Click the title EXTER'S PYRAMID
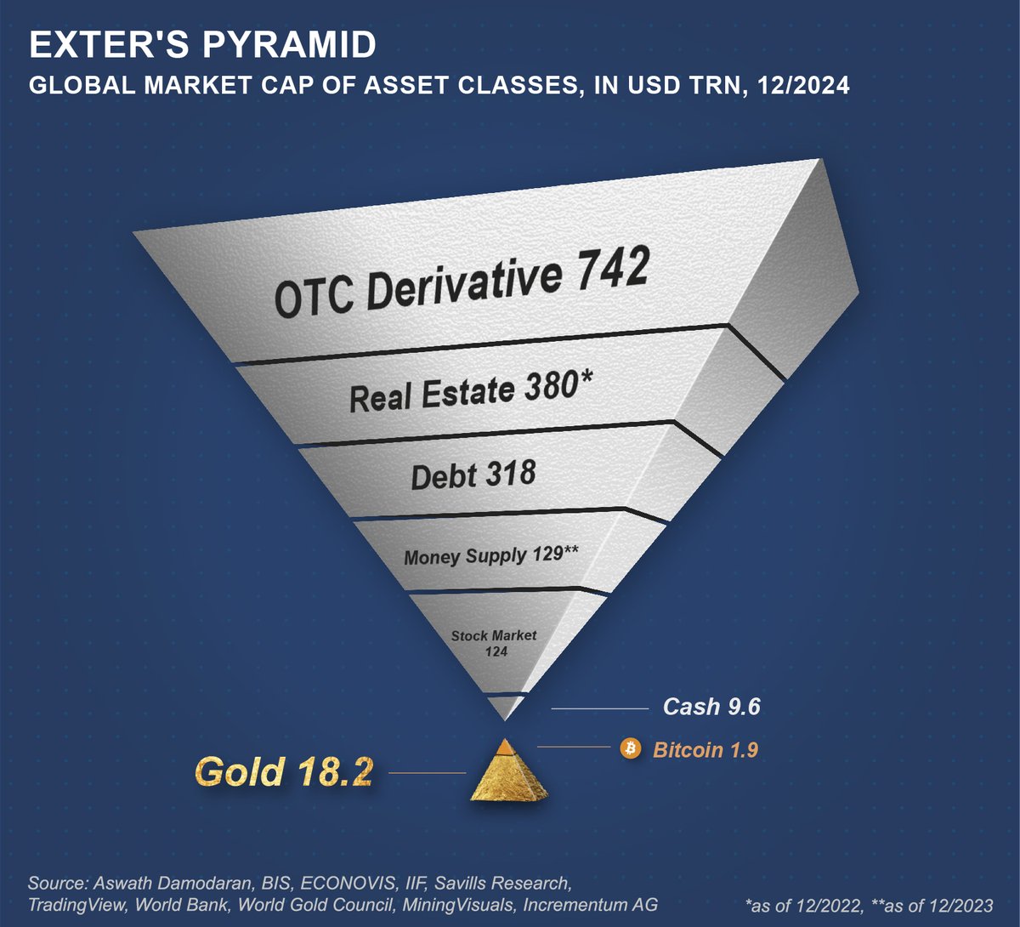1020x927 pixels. [202, 45]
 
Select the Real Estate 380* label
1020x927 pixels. [470, 392]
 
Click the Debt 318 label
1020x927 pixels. [473, 474]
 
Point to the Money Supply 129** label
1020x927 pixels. [491, 555]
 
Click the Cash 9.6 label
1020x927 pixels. [711, 707]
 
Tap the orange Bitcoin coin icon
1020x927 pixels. [631, 748]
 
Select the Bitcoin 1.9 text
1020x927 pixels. [705, 749]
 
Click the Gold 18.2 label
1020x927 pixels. [284, 772]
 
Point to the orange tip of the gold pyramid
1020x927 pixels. [505, 746]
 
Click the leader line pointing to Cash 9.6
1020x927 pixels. [599, 708]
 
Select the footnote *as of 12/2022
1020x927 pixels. [797, 904]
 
